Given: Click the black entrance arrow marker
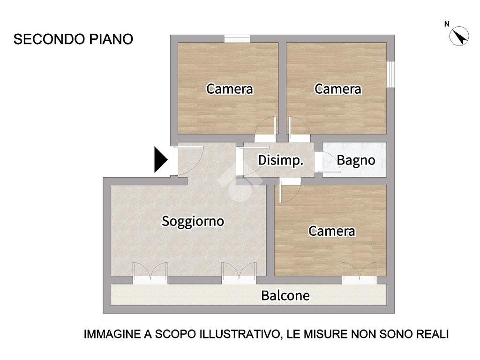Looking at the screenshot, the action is pyautogui.click(x=161, y=160).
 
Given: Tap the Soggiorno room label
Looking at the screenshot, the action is pyautogui.click(x=193, y=221).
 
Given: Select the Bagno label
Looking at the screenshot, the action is pyautogui.click(x=356, y=160).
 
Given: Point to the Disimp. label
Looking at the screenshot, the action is pyautogui.click(x=281, y=160).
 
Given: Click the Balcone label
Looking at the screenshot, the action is pyautogui.click(x=285, y=296).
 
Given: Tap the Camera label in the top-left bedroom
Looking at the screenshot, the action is pyautogui.click(x=230, y=89).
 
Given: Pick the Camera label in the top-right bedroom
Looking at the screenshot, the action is pyautogui.click(x=338, y=89).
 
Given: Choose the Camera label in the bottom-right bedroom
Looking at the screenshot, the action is pyautogui.click(x=332, y=231).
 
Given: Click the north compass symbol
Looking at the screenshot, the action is pyautogui.click(x=459, y=36).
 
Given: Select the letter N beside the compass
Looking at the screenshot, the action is pyautogui.click(x=447, y=24).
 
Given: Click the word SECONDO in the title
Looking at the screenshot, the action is pyautogui.click(x=49, y=39).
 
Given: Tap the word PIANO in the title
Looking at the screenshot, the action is pyautogui.click(x=111, y=39).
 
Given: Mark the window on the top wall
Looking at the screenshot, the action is pyautogui.click(x=237, y=38).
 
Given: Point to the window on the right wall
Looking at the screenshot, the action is pyautogui.click(x=390, y=75).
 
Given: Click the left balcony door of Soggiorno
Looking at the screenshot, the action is pyautogui.click(x=150, y=273).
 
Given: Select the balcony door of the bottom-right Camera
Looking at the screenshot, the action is pyautogui.click(x=360, y=273).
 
